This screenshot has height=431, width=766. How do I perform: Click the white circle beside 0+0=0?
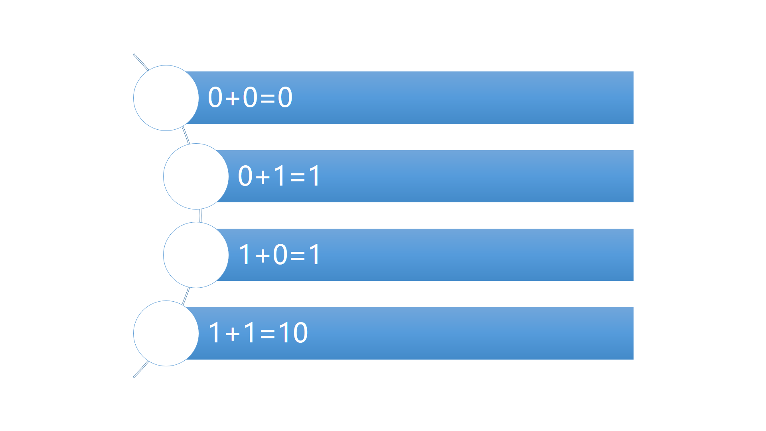click(x=166, y=98)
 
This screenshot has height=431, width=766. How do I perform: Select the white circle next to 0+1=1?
click(x=196, y=176)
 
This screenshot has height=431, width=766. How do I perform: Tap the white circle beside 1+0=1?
click(x=196, y=255)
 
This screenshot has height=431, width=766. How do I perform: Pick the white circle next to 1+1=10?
click(x=166, y=334)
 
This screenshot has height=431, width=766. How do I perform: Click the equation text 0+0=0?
click(x=250, y=97)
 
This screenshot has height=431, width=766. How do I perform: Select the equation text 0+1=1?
click(x=279, y=176)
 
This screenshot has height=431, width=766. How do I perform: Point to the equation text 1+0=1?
click(x=279, y=255)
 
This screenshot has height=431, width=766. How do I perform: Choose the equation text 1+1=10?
click(x=258, y=333)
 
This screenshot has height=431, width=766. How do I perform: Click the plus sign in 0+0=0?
click(x=233, y=98)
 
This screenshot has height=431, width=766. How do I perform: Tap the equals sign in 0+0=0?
click(x=267, y=98)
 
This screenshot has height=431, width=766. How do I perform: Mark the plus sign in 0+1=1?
click(x=263, y=177)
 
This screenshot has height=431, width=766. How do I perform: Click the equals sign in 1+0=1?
click(x=298, y=255)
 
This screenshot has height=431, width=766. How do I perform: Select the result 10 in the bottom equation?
click(x=293, y=333)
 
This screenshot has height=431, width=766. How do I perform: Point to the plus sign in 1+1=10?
click(x=233, y=334)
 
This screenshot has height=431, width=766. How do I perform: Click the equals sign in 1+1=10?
click(x=267, y=334)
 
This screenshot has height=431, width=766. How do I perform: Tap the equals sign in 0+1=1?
click(x=298, y=177)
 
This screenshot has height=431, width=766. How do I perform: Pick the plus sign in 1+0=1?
click(x=263, y=255)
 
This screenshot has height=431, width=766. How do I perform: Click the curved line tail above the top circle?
click(x=140, y=61)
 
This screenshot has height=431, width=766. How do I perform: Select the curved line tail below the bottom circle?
click(x=140, y=370)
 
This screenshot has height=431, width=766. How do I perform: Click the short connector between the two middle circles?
click(x=200, y=215)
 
